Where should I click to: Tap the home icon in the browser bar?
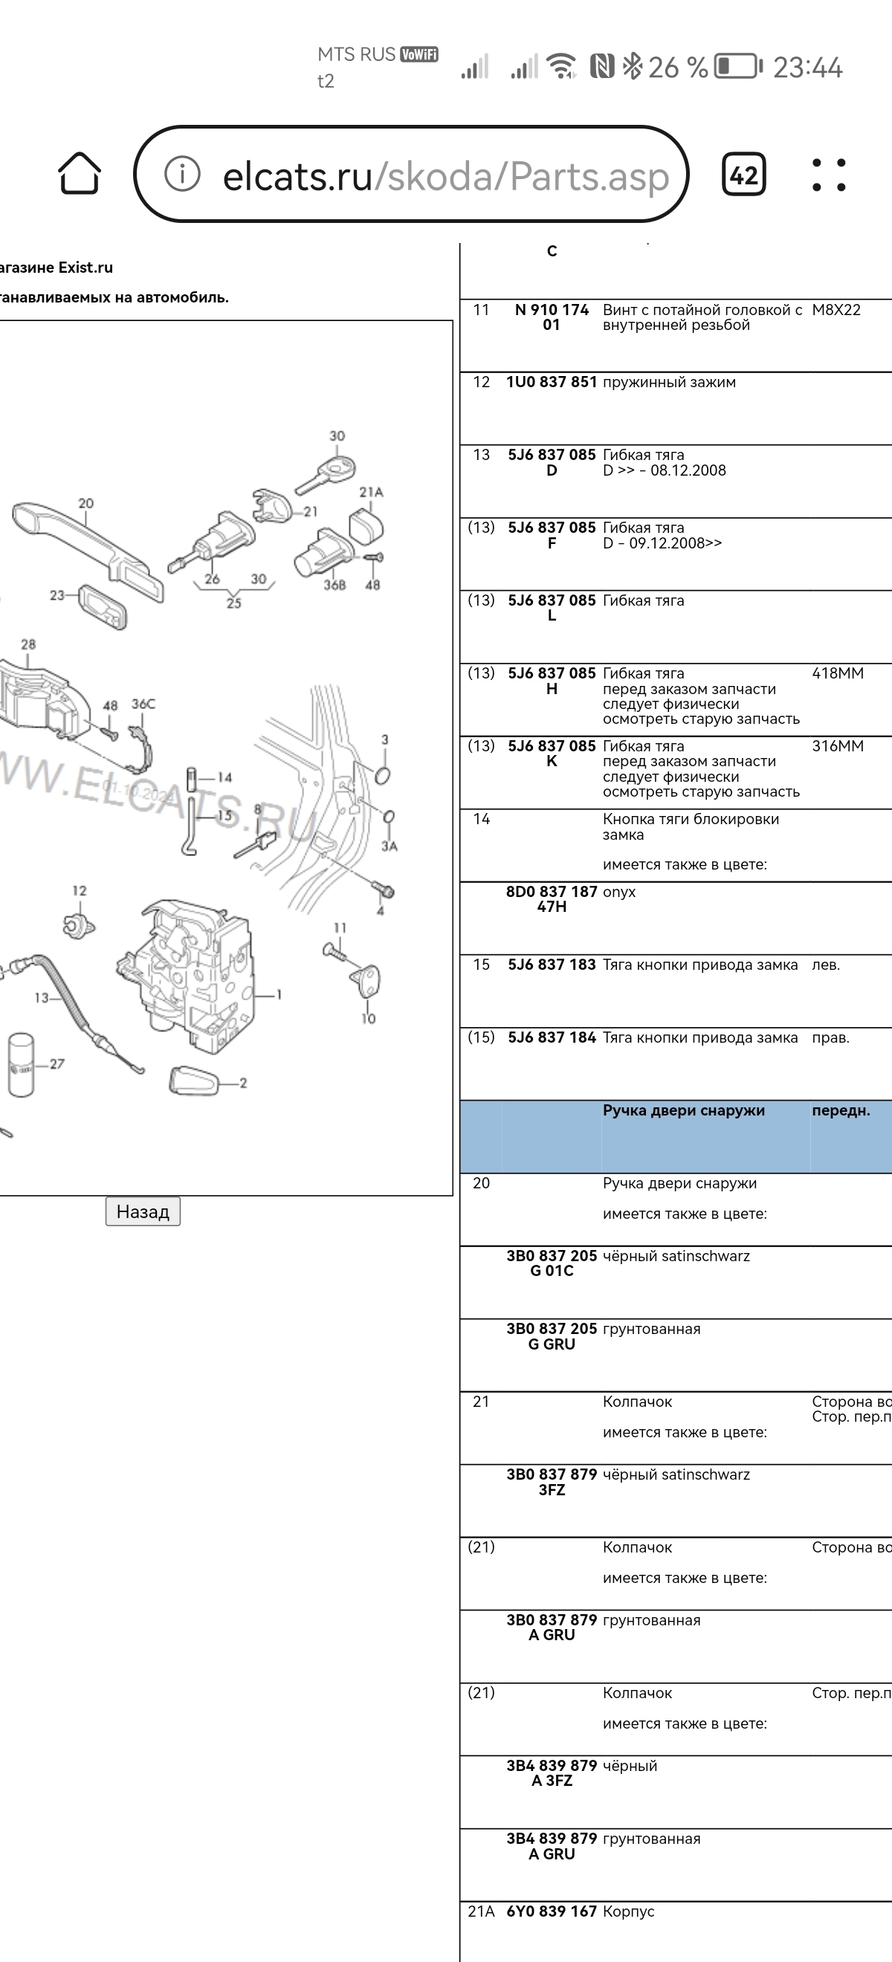pos(80,174)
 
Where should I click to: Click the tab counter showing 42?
pos(743,175)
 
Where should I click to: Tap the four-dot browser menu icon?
pos(829,175)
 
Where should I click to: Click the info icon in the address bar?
pos(182,175)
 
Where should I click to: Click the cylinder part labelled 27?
pos(22,1065)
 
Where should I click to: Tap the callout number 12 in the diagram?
pos(80,890)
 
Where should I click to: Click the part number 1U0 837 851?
pos(552,382)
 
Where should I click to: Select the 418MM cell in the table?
pos(837,673)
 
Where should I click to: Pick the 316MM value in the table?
pos(837,746)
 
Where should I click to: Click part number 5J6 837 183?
pos(552,965)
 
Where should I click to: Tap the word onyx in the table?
pos(618,892)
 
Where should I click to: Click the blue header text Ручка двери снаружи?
pos(683,1110)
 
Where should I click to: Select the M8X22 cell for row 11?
pos(836,310)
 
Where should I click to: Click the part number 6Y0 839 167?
pos(552,1911)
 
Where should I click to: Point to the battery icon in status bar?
pos(737,66)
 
